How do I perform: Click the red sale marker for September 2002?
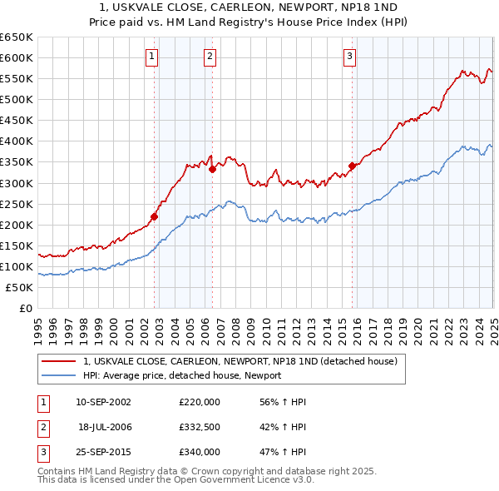pyautogui.click(x=154, y=216)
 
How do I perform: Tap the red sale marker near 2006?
pyautogui.click(x=212, y=169)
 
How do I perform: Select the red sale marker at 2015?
pyautogui.click(x=352, y=166)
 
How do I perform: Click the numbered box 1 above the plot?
pyautogui.click(x=152, y=57)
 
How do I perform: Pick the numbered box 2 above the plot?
pyautogui.click(x=210, y=57)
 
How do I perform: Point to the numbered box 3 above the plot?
pyautogui.click(x=350, y=57)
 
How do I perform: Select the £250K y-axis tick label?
pyautogui.click(x=17, y=204)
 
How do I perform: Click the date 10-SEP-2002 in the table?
pyautogui.click(x=103, y=403)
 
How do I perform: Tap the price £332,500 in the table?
pyautogui.click(x=200, y=427)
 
